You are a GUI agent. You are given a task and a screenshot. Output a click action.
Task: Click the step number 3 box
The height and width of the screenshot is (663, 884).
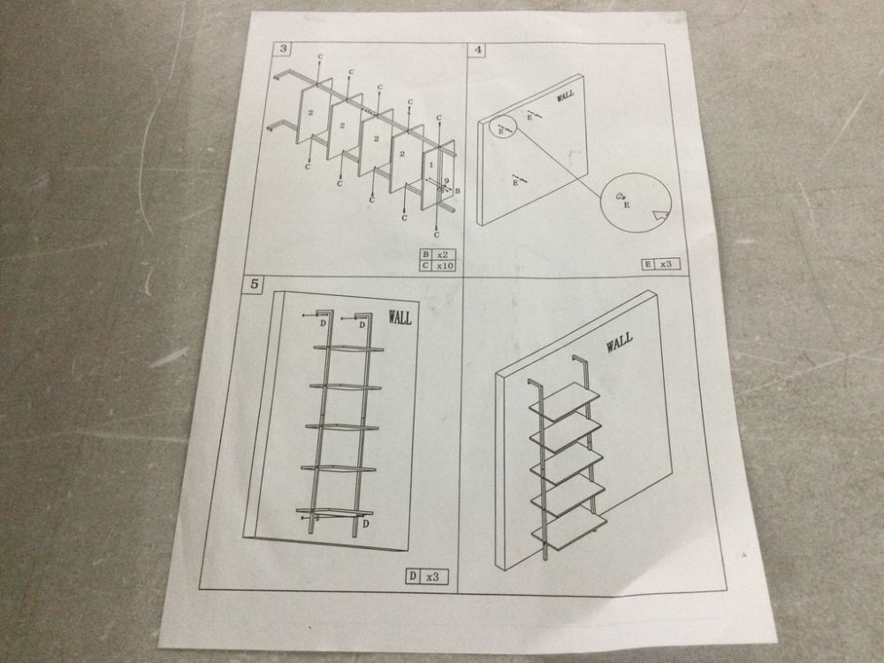point(283,48)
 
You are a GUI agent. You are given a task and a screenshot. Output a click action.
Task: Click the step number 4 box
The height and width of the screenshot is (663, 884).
point(478,50)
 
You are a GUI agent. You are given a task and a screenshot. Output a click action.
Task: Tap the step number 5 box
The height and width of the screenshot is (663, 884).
point(255,284)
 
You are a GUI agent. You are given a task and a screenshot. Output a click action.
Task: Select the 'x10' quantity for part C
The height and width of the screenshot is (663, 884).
point(445,265)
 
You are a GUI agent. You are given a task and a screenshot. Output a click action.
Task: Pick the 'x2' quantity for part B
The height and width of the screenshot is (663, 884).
point(443,255)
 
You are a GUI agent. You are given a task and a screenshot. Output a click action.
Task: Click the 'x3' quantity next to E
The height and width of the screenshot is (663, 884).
point(666,263)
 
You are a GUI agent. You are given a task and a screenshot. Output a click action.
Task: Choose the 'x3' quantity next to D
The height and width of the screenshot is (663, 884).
point(432,576)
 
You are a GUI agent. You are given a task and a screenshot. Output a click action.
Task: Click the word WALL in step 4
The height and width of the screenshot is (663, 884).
point(566,95)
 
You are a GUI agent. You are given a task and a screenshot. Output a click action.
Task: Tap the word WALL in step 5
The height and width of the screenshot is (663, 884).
point(400,317)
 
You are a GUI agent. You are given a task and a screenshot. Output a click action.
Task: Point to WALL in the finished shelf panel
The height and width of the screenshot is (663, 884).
point(619,341)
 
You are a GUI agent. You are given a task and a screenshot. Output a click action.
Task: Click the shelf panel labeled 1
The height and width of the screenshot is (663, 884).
point(431,179)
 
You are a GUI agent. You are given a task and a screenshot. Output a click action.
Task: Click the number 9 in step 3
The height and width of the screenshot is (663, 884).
point(446,181)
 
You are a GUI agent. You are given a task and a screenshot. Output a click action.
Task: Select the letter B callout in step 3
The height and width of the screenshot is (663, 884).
point(457,191)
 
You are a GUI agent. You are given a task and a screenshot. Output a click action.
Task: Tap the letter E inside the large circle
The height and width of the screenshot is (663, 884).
point(627,205)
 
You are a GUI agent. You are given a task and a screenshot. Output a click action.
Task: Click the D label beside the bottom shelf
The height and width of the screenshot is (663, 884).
point(365,523)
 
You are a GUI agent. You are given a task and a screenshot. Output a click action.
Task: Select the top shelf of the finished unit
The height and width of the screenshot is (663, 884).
point(564,400)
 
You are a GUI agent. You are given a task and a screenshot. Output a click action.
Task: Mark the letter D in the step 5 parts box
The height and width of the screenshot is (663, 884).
point(413,575)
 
